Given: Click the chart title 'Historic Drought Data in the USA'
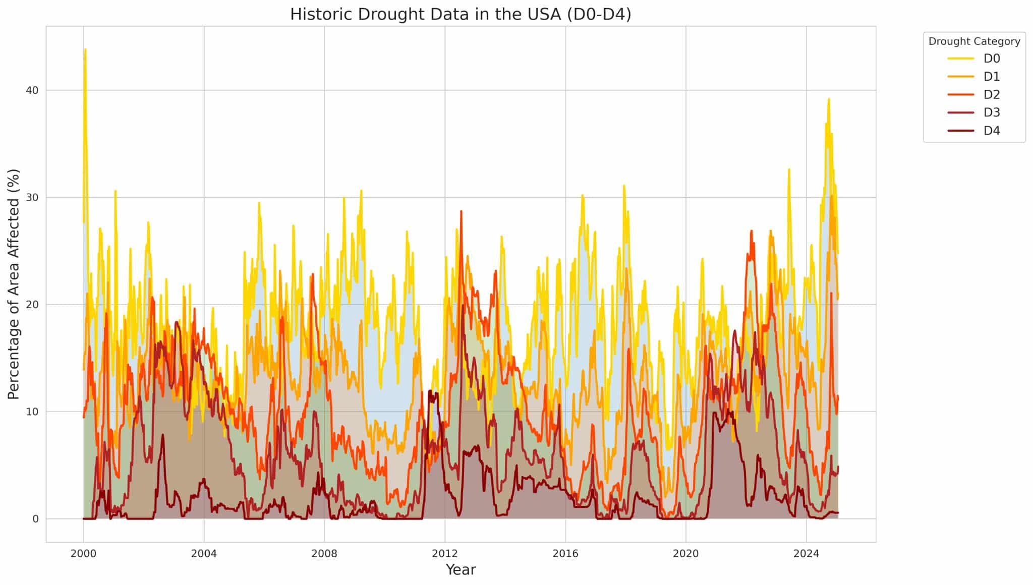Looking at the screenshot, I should pyautogui.click(x=460, y=14).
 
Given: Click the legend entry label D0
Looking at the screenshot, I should pyautogui.click(x=991, y=58).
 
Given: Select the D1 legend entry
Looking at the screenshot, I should pyautogui.click(x=991, y=77).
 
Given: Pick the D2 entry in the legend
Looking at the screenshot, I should pyautogui.click(x=991, y=95).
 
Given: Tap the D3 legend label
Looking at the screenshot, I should pyautogui.click(x=991, y=112).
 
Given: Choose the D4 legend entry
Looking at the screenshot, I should pyautogui.click(x=991, y=131).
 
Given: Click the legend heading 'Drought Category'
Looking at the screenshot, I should pyautogui.click(x=974, y=41).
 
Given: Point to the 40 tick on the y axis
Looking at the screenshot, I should pyautogui.click(x=32, y=90).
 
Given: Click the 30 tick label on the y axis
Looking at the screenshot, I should pyautogui.click(x=32, y=197).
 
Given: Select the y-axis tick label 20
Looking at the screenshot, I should pyautogui.click(x=32, y=305).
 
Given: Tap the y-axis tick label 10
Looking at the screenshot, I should pyautogui.click(x=32, y=412).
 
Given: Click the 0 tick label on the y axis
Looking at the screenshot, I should pyautogui.click(x=35, y=519).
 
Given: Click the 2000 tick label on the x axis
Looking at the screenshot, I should pyautogui.click(x=83, y=553).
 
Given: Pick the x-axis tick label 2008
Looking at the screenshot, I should pyautogui.click(x=324, y=553).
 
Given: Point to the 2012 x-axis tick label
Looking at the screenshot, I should pyautogui.click(x=445, y=553).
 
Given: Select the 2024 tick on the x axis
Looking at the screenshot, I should pyautogui.click(x=806, y=553).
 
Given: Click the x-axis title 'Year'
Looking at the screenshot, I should pyautogui.click(x=461, y=570).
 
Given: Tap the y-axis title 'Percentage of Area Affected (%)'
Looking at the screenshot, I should pyautogui.click(x=14, y=284).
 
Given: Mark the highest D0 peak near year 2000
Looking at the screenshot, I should pyautogui.click(x=85, y=49).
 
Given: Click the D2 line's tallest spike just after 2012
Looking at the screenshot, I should pyautogui.click(x=461, y=211).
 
